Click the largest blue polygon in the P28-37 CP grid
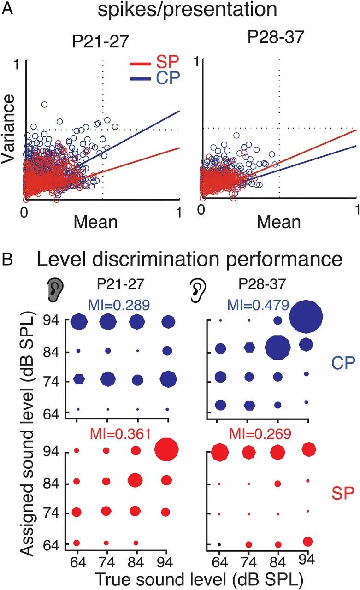(306, 316)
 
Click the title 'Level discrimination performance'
(189, 260)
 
